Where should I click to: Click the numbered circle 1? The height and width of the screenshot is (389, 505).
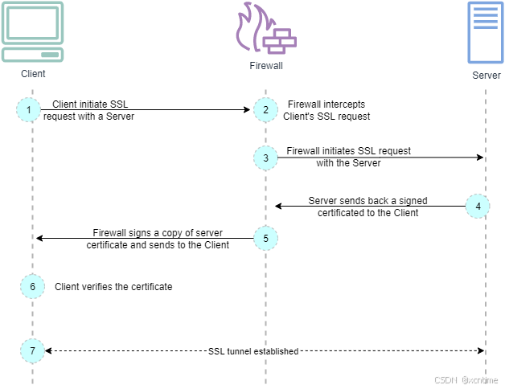(28, 109)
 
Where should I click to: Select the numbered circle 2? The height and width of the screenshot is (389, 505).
(265, 109)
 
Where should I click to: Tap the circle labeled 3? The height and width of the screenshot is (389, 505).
(265, 158)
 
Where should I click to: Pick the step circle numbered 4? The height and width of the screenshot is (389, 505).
(478, 206)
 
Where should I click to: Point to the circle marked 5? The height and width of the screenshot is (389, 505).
(265, 238)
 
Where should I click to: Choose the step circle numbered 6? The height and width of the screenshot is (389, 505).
(32, 286)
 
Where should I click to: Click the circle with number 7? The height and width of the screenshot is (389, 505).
(32, 350)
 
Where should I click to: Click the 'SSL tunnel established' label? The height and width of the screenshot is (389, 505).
(253, 351)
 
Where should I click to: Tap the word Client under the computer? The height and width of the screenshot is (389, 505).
(34, 74)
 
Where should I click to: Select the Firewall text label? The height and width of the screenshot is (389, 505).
(266, 66)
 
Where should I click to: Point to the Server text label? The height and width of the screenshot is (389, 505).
(487, 76)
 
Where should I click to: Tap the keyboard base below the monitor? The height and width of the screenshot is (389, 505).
(32, 54)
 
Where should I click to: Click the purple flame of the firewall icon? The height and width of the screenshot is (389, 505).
(246, 28)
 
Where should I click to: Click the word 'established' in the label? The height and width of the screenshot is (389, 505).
(276, 351)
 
